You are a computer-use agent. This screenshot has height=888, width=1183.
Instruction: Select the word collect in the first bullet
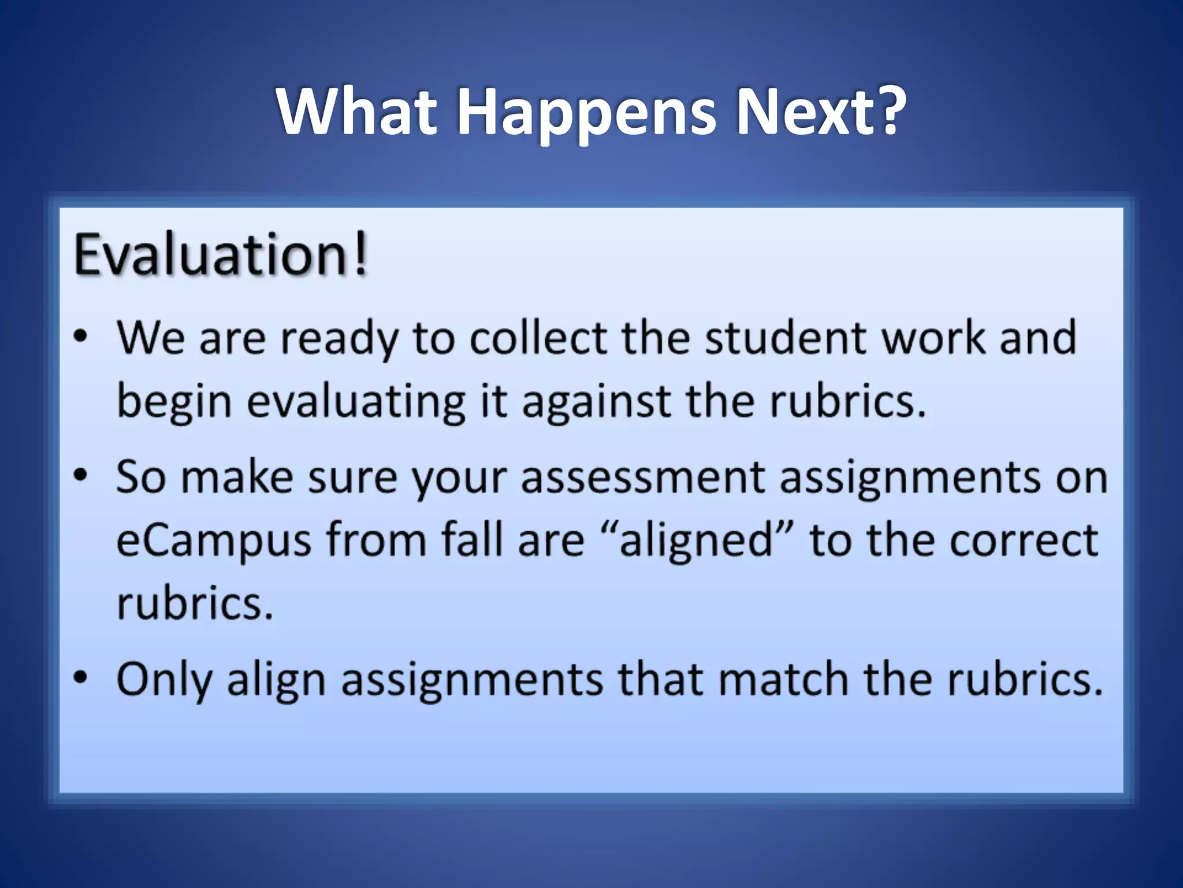click(x=538, y=337)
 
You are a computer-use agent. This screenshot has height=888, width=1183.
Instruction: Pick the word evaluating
click(x=356, y=401)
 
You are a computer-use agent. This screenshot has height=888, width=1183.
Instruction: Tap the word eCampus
click(x=214, y=541)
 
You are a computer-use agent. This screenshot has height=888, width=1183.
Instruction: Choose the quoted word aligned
click(x=696, y=541)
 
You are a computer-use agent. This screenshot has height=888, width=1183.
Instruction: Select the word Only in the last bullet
click(x=164, y=679)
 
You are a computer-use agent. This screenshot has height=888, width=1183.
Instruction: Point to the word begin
click(x=174, y=401)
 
